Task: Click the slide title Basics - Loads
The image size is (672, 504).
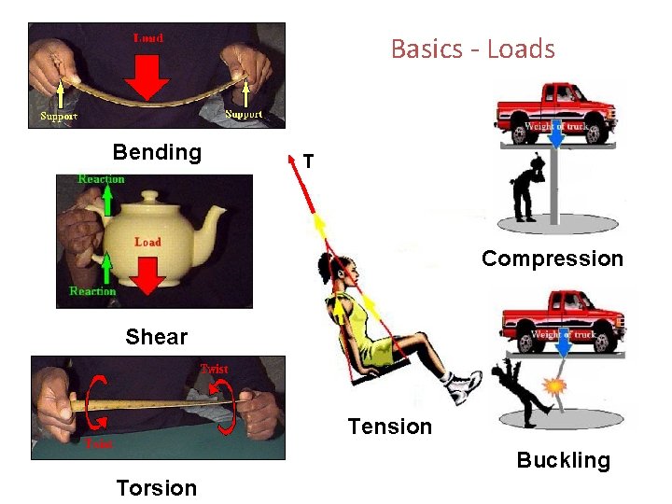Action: point(472,49)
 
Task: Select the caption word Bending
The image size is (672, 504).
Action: point(157,152)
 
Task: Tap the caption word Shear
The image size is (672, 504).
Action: point(157,337)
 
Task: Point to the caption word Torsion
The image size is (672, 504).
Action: point(157,488)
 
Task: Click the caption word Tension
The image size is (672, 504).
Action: point(390,427)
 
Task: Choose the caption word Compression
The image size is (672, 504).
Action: point(553,259)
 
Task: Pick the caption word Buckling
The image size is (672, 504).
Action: point(564,460)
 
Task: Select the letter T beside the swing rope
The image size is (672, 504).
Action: point(308,162)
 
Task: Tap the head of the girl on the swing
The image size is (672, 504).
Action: point(343,270)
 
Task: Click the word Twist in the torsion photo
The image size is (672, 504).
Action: point(214,369)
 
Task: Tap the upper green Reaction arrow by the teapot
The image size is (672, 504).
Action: point(108,200)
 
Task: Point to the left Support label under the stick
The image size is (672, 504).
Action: point(58,117)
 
